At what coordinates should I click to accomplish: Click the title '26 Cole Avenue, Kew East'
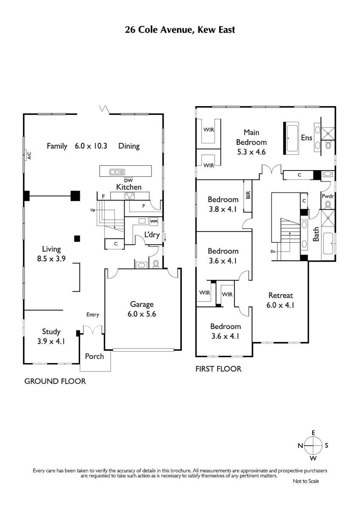click(180, 30)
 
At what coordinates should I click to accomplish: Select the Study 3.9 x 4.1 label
click(51, 336)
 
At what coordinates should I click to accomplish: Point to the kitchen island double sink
click(117, 172)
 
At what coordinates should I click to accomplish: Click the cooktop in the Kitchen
click(130, 196)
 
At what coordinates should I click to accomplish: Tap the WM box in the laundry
click(154, 221)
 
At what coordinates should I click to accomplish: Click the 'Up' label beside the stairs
click(93, 210)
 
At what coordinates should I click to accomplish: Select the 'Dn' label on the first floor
click(273, 252)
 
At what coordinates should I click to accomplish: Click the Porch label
click(94, 356)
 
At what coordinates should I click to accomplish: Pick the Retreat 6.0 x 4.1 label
click(281, 300)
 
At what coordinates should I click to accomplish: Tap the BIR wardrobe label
click(248, 195)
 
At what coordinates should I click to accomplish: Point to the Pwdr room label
click(327, 196)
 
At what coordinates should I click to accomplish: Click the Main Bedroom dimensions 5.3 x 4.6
click(251, 152)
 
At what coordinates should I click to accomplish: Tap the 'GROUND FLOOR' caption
click(55, 381)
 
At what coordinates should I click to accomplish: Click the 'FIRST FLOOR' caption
click(218, 369)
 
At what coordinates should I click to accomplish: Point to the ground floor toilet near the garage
click(156, 264)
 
